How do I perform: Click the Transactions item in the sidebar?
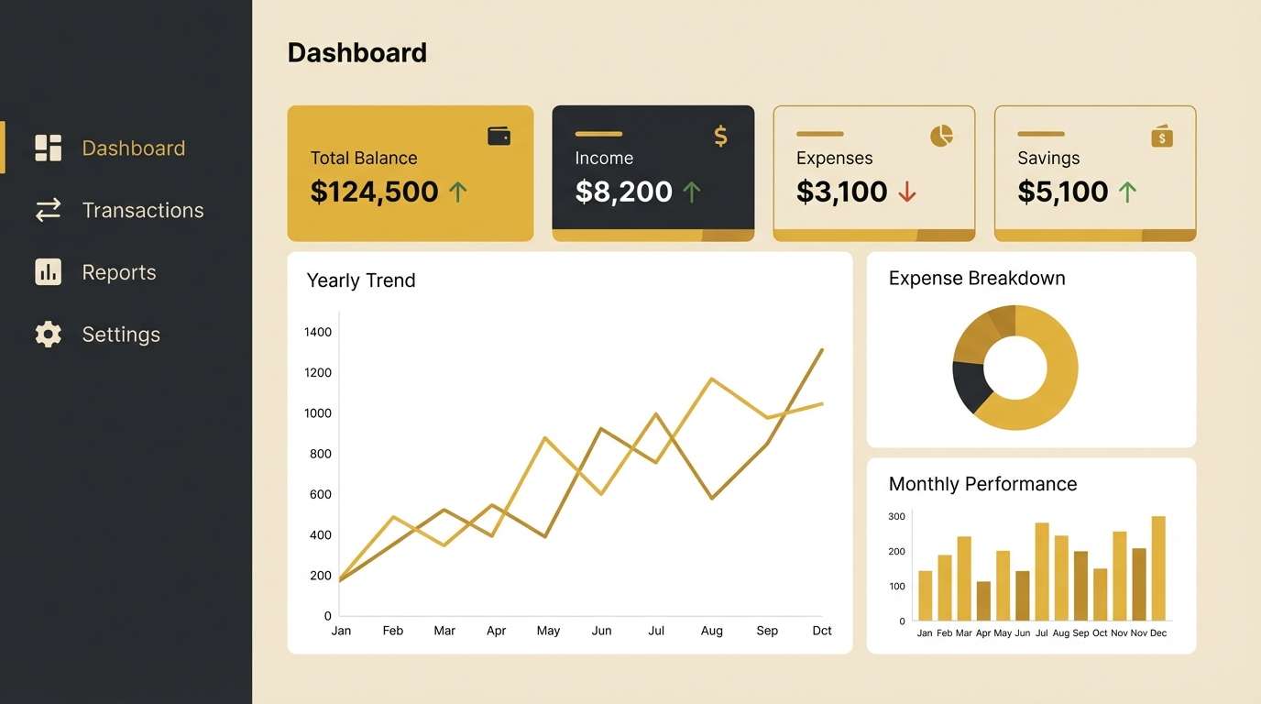pos(142,210)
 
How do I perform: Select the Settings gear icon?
pos(49,335)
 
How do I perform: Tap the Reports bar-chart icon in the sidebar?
pos(49,272)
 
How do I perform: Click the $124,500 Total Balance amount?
pos(374,192)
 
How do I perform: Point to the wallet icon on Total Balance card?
pos(499,137)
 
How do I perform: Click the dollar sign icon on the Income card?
pos(720,137)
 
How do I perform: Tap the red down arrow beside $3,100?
pos(907,192)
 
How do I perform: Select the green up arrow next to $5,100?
pos(1127,192)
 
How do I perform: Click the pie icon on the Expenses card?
pos(941,137)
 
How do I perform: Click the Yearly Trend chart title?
pos(360,280)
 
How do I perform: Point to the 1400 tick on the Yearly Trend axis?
pos(317,332)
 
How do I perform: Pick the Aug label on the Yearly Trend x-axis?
pos(711,631)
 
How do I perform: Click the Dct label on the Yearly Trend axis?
pos(822,631)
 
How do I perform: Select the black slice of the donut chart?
pos(970,385)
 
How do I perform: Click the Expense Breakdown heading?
pos(977,279)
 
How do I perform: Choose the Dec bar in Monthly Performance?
pos(1158,568)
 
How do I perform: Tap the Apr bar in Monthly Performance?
pos(983,600)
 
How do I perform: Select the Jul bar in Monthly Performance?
pos(1042,572)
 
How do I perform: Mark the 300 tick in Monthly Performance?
pos(896,517)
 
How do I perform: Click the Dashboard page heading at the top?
pos(357,53)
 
